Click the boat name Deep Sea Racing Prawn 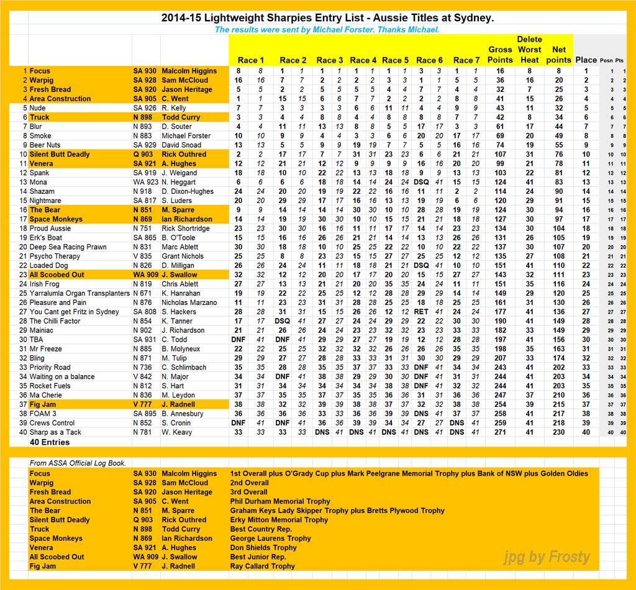click(x=68, y=247)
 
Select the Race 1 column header click(x=251, y=60)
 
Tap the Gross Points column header click(x=500, y=55)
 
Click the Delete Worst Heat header click(x=529, y=50)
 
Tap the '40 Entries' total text click(x=50, y=442)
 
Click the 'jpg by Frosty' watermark click(x=547, y=557)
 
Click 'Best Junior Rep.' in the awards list click(x=258, y=556)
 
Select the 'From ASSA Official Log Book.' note click(x=78, y=463)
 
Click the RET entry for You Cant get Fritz click(x=421, y=312)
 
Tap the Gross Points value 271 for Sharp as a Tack click(x=499, y=432)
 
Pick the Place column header click(x=586, y=60)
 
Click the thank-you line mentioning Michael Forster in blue click(x=327, y=29)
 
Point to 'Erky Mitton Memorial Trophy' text click(x=279, y=520)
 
